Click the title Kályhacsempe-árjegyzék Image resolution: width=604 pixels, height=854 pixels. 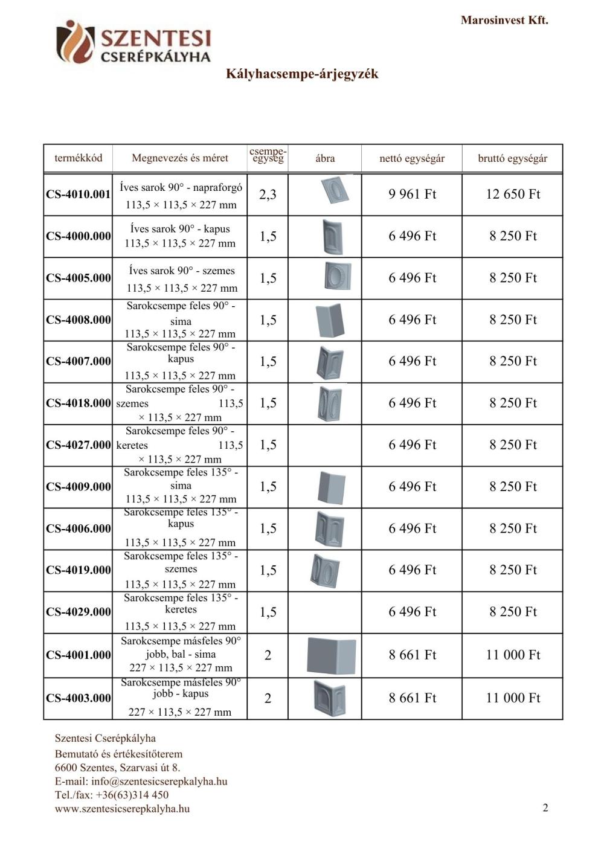point(302,74)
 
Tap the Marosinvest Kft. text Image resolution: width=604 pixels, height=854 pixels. point(504,20)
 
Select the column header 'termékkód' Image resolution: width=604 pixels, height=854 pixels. point(79,158)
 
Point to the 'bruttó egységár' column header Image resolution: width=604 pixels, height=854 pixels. point(512,158)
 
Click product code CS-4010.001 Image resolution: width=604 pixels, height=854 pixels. point(79,194)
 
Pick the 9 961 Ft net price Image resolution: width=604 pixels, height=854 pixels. point(412,194)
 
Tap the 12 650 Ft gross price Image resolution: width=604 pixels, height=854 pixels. point(513,194)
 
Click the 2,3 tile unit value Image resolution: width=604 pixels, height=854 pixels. point(268,194)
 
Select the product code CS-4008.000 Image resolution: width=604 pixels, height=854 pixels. point(79,320)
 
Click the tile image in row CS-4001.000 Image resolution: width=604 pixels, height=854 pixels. point(331,655)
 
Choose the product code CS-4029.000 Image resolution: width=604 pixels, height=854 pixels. point(79,612)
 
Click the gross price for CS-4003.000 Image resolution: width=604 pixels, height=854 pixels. point(513,698)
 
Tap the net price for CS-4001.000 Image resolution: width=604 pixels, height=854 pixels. point(412,655)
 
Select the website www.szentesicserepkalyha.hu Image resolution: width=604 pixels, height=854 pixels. point(122,809)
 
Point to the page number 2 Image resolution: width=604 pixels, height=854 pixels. point(545,808)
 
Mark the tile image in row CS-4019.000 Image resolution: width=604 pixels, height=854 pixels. point(326,570)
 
